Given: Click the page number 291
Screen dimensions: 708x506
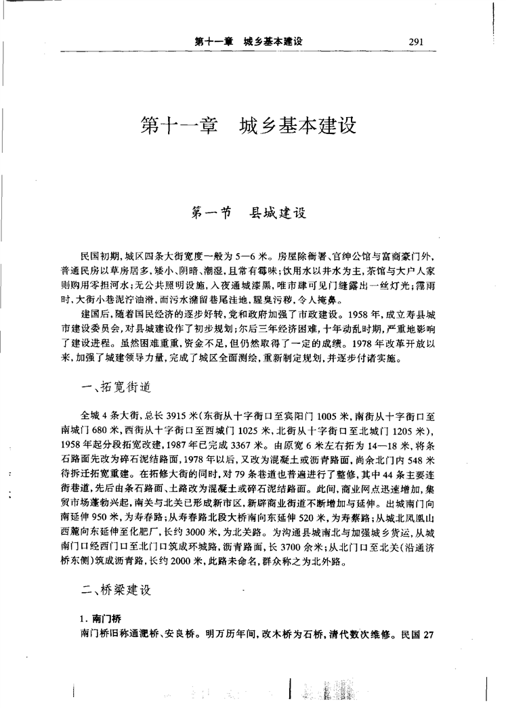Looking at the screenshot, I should click(416, 42).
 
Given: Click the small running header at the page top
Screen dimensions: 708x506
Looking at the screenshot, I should click(248, 42).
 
